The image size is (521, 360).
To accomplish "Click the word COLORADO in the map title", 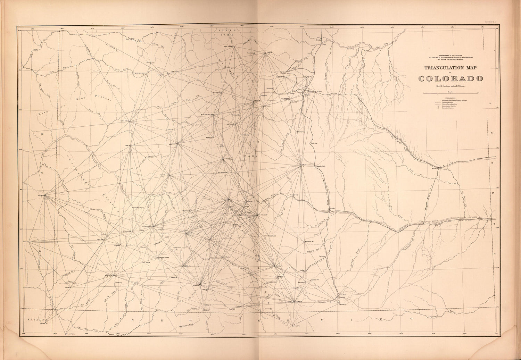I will tap(450, 78).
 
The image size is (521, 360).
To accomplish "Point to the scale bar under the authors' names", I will tap(450, 93).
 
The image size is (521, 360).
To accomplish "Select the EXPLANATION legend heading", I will tap(450, 98).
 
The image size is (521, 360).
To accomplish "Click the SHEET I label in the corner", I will tap(491, 22).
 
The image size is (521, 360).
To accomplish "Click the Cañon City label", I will tap(294, 195).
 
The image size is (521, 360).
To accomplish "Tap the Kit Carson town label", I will tap(436, 169).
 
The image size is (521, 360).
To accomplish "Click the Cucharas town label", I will tap(322, 257).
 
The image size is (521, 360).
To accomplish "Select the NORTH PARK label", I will tap(227, 33).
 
